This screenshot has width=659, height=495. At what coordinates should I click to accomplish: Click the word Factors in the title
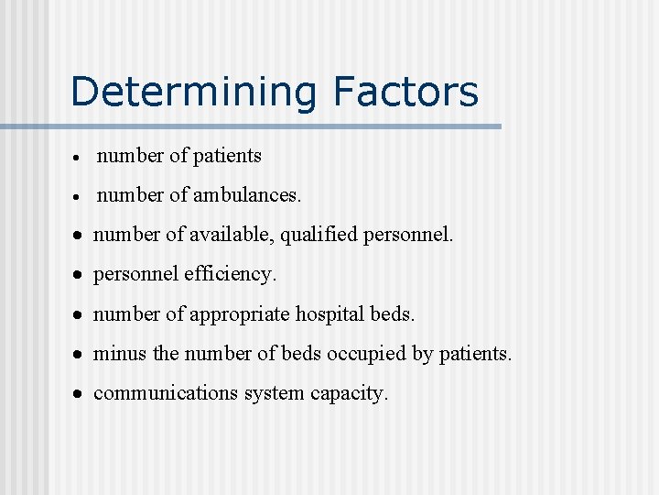(x=405, y=92)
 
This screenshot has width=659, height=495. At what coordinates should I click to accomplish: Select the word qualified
(x=319, y=235)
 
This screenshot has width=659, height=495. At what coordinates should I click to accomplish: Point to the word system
(x=274, y=393)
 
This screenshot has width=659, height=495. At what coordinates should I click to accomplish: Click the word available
(x=232, y=235)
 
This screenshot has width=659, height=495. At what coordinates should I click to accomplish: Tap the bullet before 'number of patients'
(x=81, y=158)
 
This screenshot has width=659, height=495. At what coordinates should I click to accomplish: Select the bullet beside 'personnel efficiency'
(x=81, y=275)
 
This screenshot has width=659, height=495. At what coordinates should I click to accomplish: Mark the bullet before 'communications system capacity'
(x=81, y=394)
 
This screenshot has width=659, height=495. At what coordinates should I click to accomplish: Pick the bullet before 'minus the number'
(x=81, y=355)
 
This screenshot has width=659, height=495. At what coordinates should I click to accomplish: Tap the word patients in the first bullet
(x=228, y=156)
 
